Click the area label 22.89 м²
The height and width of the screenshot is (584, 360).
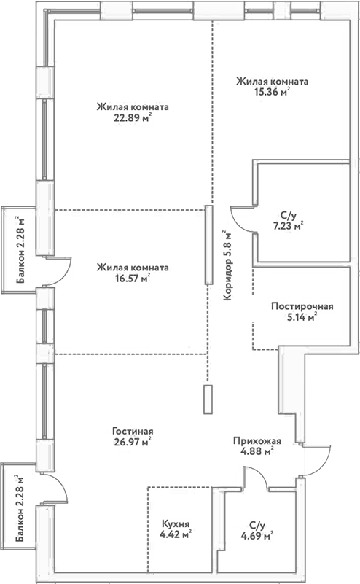[x=132, y=118]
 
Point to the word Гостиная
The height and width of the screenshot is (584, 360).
[x=133, y=430]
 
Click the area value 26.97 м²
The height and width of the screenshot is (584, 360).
[x=132, y=441]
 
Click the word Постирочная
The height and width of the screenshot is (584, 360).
[x=301, y=306]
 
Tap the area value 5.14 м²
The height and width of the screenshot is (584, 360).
[x=301, y=317]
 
